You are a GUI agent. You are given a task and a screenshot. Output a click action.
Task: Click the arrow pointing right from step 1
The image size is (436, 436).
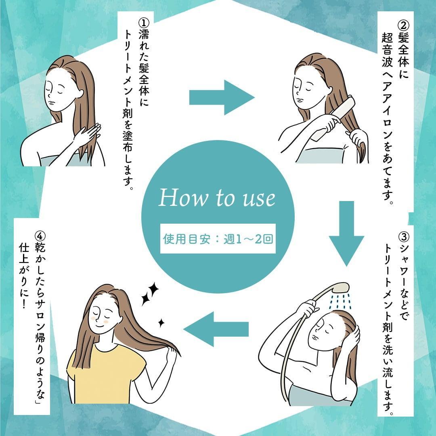pos(221,97)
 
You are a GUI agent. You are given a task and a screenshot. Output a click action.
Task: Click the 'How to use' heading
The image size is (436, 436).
pos(217,198)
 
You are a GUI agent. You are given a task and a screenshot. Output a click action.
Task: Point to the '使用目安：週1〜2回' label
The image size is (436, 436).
pos(218,239)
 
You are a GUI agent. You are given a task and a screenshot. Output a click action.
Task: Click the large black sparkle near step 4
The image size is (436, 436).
pos(150,293)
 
